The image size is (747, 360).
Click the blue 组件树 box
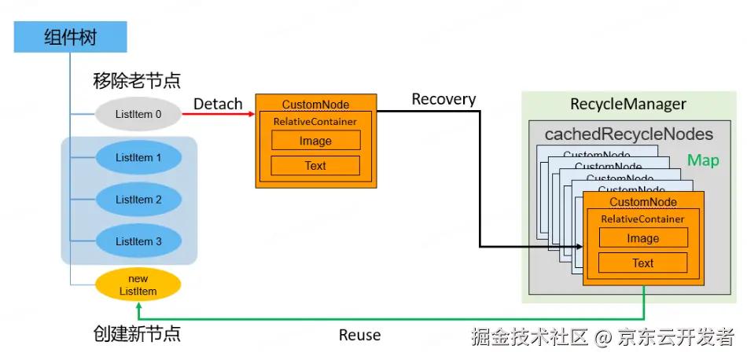coord(70,37)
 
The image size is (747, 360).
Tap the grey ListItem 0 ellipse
coord(138,115)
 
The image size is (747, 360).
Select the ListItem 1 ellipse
coord(138,158)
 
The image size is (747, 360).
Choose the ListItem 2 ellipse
coord(138,200)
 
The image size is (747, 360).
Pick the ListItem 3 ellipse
coord(138,241)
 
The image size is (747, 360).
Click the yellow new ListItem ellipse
coord(138,285)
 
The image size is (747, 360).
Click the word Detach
coord(218,103)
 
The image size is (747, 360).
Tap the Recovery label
coord(443,99)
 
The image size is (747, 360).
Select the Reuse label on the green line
coord(359,335)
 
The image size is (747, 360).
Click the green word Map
coord(703,160)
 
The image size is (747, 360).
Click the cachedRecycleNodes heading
coord(628,134)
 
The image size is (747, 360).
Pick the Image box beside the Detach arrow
coord(315,141)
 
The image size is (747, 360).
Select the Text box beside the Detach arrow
coord(315,166)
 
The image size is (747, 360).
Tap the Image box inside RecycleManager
coord(642,239)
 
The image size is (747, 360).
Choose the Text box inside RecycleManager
coord(642,263)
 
